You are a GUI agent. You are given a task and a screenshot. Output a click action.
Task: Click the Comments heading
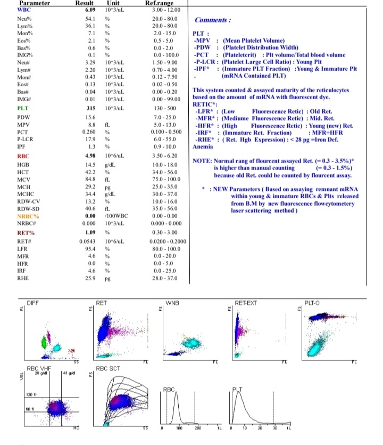tap(213, 20)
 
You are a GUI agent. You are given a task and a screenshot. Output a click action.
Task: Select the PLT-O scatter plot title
tap(312, 303)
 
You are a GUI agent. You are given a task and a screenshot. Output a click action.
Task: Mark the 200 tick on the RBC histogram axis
tap(197, 428)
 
